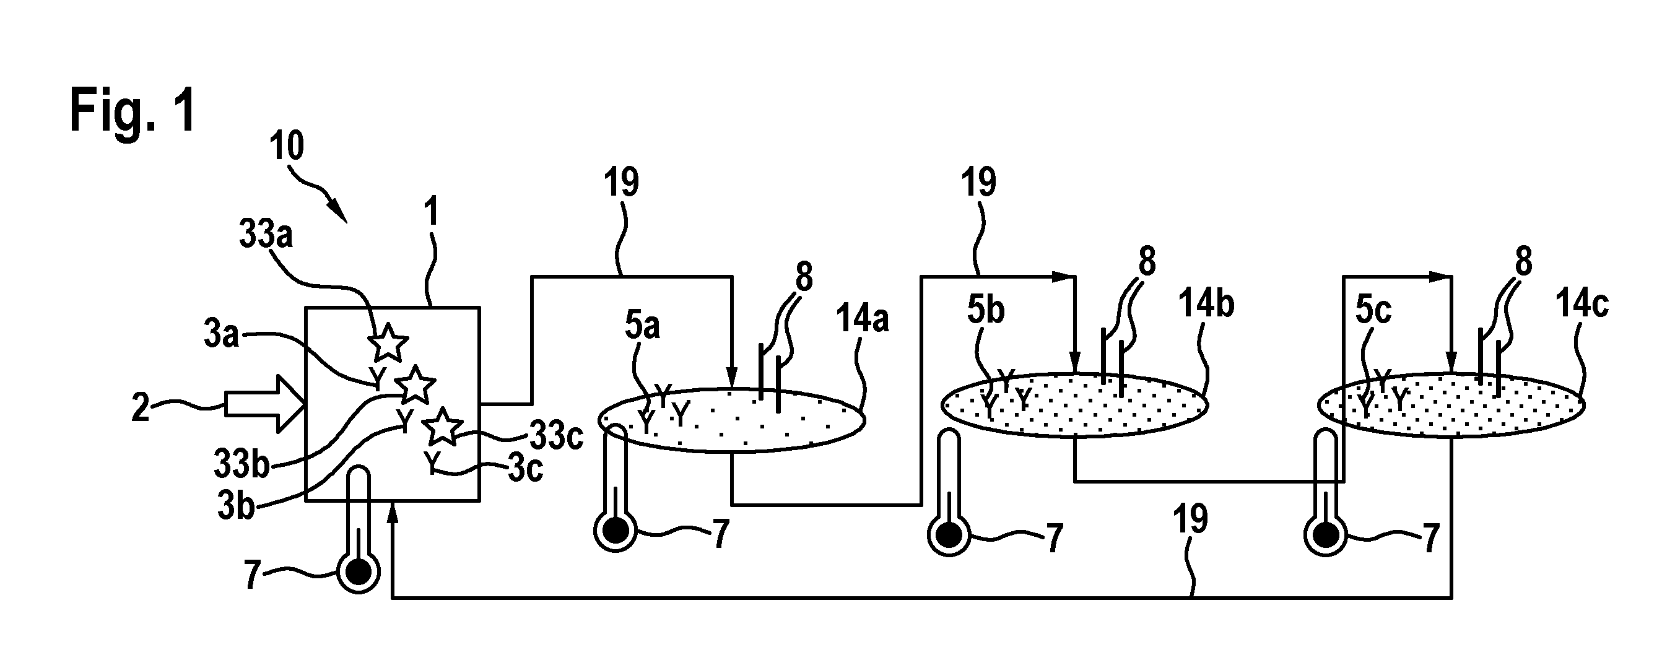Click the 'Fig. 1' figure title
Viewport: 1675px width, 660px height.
pos(133,111)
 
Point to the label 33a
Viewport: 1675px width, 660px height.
pos(266,235)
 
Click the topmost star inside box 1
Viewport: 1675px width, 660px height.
pos(388,342)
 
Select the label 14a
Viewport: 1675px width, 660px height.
pos(861,320)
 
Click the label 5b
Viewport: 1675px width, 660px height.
pos(986,310)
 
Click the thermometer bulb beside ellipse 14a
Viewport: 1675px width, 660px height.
pos(615,531)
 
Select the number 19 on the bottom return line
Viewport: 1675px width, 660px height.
pos(1190,519)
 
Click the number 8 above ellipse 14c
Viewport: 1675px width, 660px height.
pos(1523,262)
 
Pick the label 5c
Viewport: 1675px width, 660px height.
pos(1373,310)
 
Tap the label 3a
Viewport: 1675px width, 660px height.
pos(222,336)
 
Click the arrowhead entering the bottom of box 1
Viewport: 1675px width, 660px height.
pos(391,513)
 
